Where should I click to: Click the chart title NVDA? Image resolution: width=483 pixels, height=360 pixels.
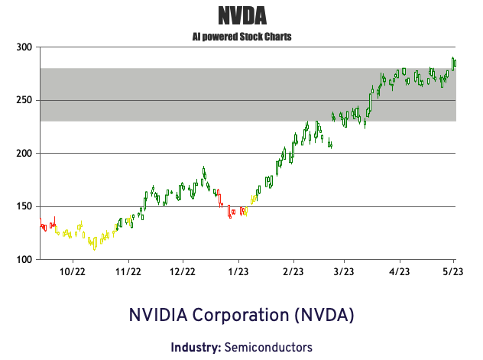(x=241, y=15)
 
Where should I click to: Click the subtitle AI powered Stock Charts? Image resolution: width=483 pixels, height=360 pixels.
(x=241, y=36)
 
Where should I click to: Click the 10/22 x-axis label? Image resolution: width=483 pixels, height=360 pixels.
(x=72, y=271)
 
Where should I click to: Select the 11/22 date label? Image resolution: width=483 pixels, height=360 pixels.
(x=128, y=271)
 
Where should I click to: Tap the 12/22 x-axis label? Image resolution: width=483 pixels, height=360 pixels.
(x=183, y=271)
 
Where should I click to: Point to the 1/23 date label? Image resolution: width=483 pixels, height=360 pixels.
(x=238, y=271)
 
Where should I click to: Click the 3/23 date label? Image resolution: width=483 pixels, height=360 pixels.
(x=343, y=271)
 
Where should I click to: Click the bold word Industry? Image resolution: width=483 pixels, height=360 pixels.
(x=196, y=347)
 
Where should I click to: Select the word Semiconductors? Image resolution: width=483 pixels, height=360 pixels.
(x=268, y=347)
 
